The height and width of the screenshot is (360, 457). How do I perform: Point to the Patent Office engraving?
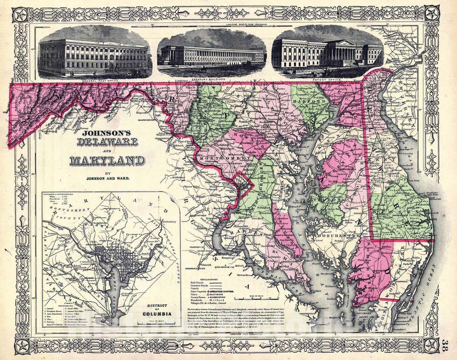tap(327, 53)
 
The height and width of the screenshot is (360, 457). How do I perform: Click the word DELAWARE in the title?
tap(107, 141)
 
